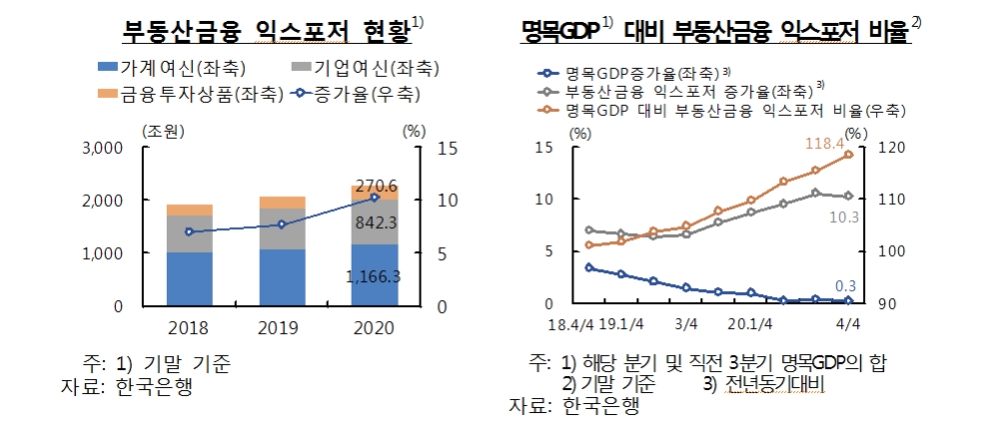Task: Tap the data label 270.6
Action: click(375, 187)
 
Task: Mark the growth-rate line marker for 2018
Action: click(190, 231)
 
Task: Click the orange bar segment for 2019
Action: click(283, 202)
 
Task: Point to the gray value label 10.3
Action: click(845, 217)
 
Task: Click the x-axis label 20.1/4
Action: click(752, 323)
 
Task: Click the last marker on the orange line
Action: click(848, 155)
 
